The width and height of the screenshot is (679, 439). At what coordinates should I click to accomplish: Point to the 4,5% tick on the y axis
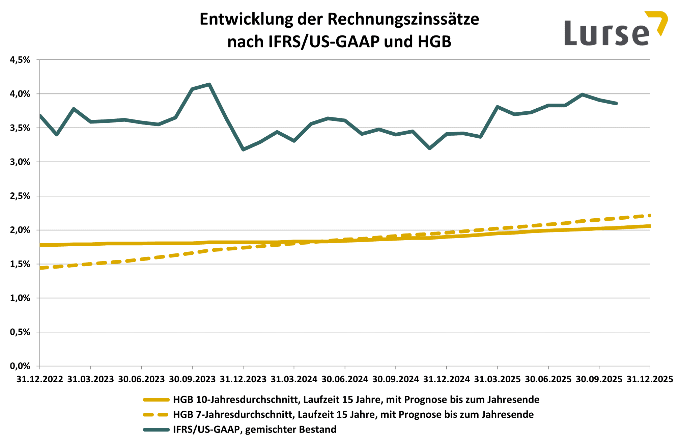click(20, 60)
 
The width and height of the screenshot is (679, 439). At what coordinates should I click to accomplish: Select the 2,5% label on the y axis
click(20, 196)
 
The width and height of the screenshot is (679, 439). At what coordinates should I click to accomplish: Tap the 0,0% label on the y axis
click(20, 366)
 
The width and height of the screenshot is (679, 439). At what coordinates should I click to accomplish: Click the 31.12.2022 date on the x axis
click(40, 379)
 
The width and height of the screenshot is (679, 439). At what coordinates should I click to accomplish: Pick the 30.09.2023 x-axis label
click(192, 379)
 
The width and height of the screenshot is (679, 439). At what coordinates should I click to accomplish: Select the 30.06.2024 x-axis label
click(345, 379)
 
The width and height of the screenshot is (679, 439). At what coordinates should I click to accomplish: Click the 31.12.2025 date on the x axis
click(650, 379)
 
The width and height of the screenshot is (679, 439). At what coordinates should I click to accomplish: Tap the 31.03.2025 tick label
click(497, 379)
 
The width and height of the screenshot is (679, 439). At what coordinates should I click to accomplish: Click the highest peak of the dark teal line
click(209, 84)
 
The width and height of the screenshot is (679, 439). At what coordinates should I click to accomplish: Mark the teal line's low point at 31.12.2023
click(243, 149)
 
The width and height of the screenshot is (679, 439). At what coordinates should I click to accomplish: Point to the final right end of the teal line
click(616, 104)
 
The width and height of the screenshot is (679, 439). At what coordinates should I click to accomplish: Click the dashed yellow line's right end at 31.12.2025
click(649, 216)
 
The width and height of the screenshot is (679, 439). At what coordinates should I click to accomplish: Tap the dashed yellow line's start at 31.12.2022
click(41, 268)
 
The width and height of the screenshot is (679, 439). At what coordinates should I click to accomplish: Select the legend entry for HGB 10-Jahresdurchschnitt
click(356, 400)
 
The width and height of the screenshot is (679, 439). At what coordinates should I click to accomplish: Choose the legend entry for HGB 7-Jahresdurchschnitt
click(353, 414)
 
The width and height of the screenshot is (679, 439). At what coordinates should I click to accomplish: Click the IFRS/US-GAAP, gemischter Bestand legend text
click(255, 429)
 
